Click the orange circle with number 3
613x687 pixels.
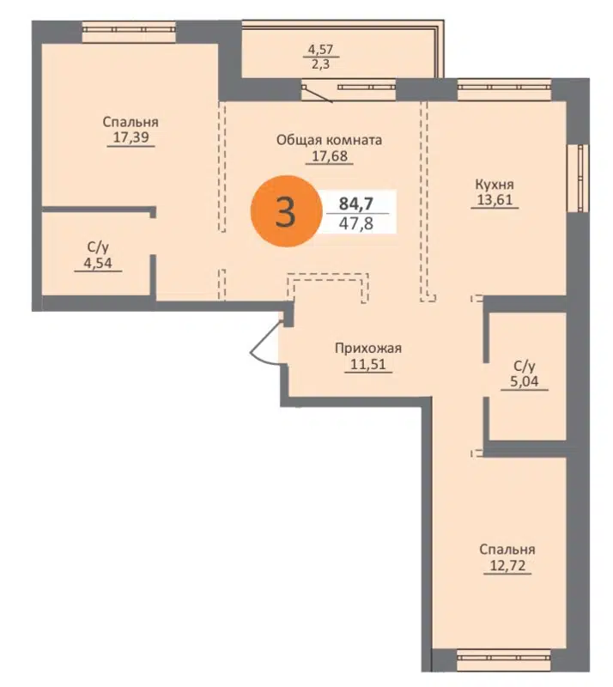[x=285, y=211]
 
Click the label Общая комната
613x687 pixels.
[x=329, y=139]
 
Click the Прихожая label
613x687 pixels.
[x=368, y=348]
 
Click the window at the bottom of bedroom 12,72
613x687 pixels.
[x=502, y=660]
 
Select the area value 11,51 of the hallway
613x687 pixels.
[x=368, y=363]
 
